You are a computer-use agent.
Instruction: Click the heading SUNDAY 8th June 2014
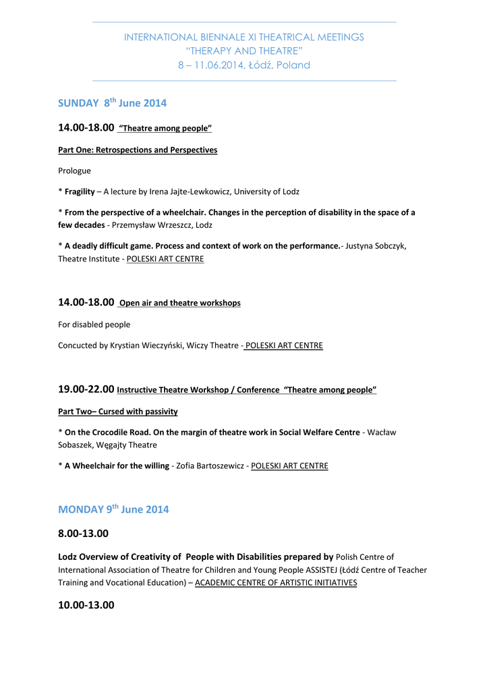[x=112, y=103]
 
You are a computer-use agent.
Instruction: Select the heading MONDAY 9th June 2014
[x=113, y=509]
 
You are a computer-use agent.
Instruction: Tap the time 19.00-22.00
[x=86, y=389]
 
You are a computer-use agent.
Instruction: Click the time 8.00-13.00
[x=83, y=534]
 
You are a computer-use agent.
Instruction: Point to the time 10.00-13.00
[x=86, y=605]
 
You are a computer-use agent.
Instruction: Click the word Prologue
[x=74, y=170]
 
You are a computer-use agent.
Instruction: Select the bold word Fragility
[x=80, y=191]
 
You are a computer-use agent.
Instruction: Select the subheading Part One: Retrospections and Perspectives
[x=138, y=150]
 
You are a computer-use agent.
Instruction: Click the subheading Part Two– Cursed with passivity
[x=118, y=411]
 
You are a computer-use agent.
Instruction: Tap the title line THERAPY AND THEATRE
[x=244, y=51]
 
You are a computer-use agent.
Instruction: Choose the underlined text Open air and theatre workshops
[x=179, y=303]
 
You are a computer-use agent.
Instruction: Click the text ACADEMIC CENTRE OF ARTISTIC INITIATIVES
[x=276, y=583]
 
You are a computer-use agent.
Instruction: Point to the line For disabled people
[x=94, y=324]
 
